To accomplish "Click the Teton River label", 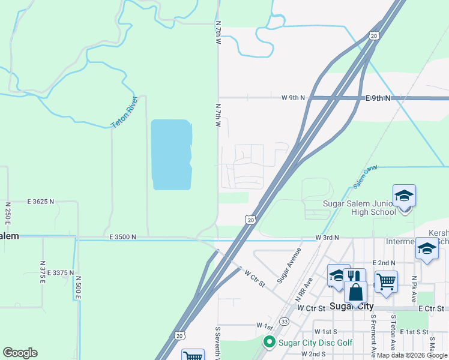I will click(x=125, y=112).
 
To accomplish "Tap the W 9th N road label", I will click(x=294, y=97).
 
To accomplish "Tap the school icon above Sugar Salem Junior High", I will click(x=404, y=196).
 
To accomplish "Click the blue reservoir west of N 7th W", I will click(x=171, y=154).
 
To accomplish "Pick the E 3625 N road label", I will click(x=41, y=202).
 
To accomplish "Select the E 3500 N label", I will click(x=123, y=238).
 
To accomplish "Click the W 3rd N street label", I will click(x=328, y=238).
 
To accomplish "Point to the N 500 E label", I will click(x=77, y=290).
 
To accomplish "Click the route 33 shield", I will click(x=284, y=322).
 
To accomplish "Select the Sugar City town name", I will click(x=352, y=307).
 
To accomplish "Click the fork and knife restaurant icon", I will click(x=356, y=277).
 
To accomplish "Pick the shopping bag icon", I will click(x=355, y=292).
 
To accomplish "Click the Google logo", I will click(x=20, y=353).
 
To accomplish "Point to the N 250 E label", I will click(x=8, y=214).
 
